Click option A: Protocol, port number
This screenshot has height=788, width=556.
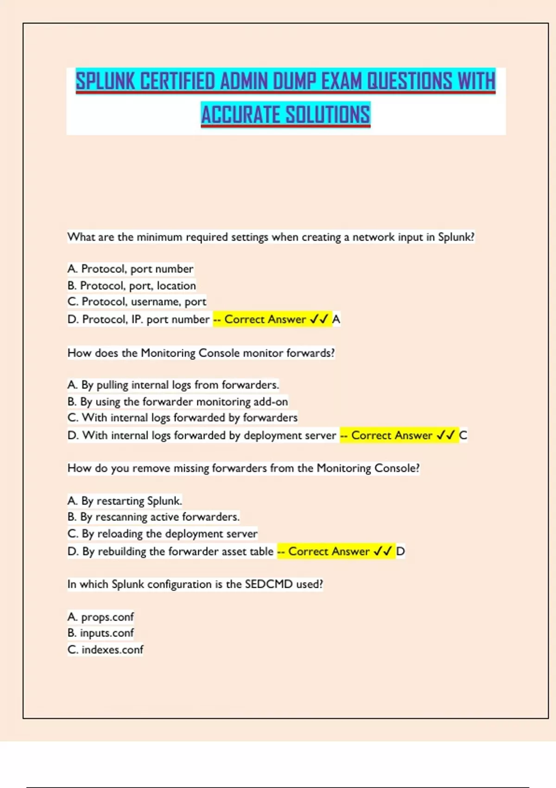[x=130, y=269]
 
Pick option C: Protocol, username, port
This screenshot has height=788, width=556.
[x=137, y=302]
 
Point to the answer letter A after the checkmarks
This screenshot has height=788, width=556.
[x=336, y=319]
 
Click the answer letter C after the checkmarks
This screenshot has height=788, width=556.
[x=463, y=435]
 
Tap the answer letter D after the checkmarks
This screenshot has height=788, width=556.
[x=400, y=551]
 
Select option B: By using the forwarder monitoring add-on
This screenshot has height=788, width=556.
[x=177, y=401]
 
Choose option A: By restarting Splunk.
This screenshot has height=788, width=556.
[x=125, y=501]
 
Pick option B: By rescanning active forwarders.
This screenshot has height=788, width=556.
[x=153, y=517]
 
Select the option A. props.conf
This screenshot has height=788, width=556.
[x=101, y=617]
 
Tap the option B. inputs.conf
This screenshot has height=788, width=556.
[x=101, y=633]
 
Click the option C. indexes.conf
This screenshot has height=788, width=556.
[x=105, y=649]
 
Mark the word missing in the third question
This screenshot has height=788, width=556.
[x=191, y=468]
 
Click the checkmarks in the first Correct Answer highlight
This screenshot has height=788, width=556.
[x=319, y=319]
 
